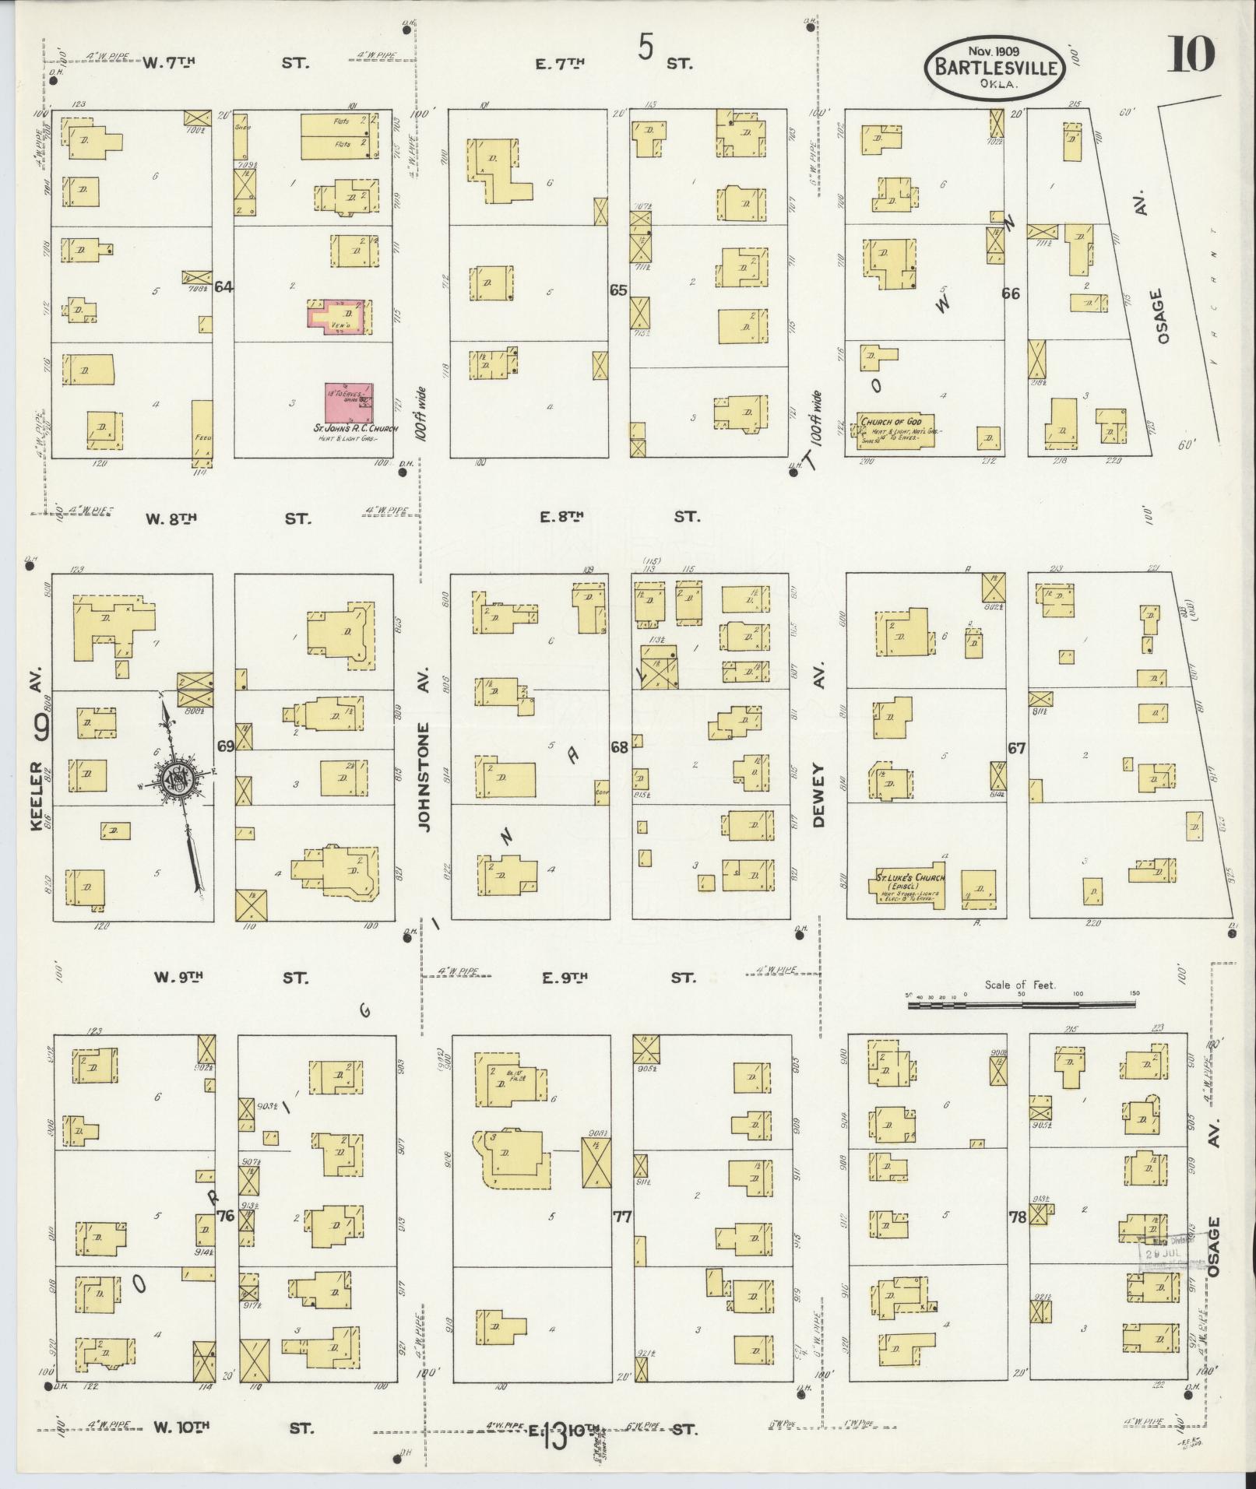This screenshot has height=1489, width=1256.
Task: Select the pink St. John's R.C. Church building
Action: tap(347, 402)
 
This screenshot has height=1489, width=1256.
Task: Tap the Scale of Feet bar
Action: tap(1020, 1006)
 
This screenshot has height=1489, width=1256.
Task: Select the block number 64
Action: tap(224, 287)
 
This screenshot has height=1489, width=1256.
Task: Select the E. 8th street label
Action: tap(560, 516)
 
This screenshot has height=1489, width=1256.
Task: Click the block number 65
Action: tap(618, 290)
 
